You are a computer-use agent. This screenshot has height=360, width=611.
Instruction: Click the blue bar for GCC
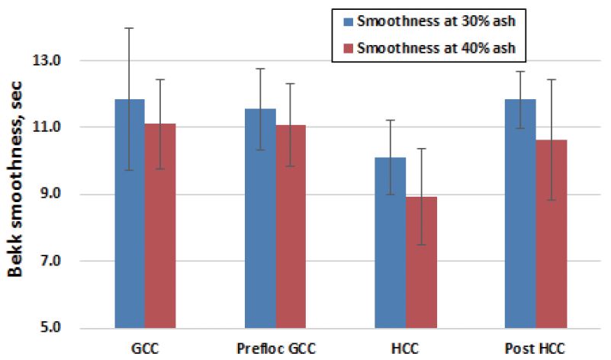point(130,214)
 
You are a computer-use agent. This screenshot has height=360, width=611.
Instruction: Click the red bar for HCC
point(421,262)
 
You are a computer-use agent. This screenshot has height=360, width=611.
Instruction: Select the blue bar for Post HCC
point(520,214)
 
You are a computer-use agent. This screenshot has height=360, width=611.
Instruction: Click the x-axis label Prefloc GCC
point(276,349)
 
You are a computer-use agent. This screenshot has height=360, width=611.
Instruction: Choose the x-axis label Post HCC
point(536,349)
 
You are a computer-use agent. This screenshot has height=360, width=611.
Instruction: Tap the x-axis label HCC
point(405,349)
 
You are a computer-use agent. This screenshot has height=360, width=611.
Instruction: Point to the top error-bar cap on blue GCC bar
point(130,28)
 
